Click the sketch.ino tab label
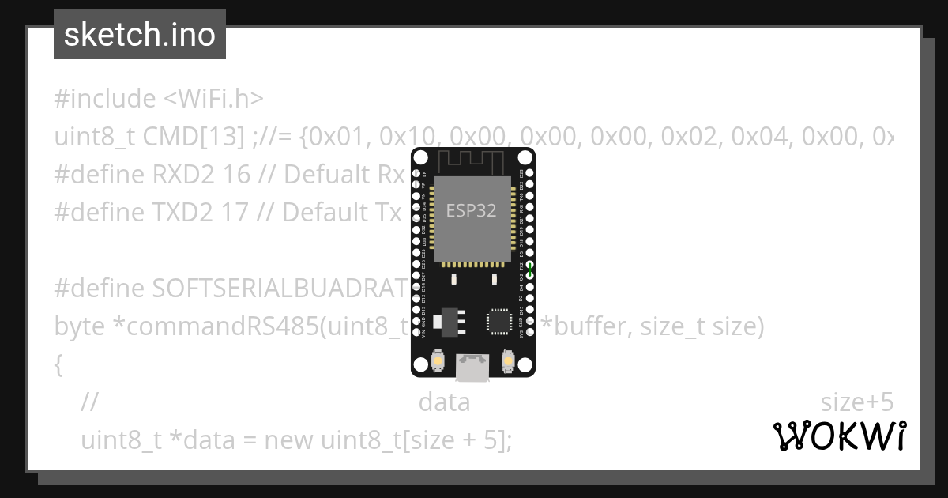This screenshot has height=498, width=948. pos(140,35)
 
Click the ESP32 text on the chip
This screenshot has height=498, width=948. pos(471,210)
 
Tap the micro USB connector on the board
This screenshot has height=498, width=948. pos(472,365)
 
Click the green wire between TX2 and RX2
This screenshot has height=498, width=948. pos(530,270)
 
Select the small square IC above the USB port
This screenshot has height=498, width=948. pos(499,321)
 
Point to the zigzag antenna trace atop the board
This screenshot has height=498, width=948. pos(472,160)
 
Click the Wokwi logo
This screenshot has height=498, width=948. pos(839,436)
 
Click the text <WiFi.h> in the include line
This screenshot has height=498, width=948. pos(213,99)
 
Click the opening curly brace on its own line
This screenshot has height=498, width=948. pos(58,364)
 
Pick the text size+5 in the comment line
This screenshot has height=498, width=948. pos(856,402)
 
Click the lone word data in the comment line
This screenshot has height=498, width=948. pos(444,402)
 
